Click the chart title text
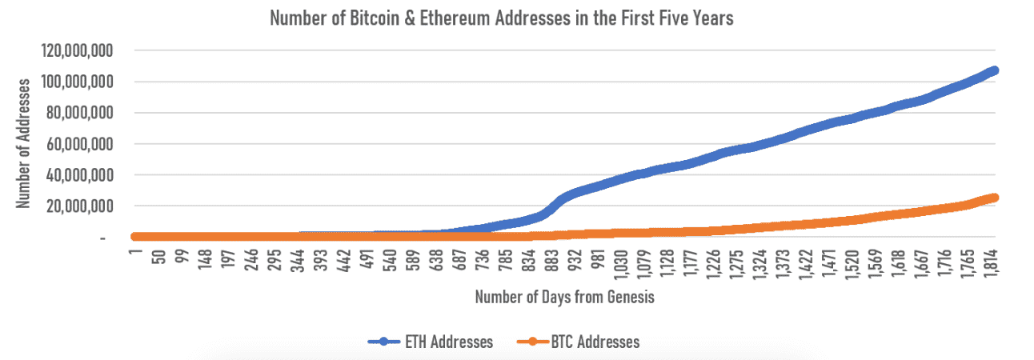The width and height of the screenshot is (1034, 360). [x=502, y=18]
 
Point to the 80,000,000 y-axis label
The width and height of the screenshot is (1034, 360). [x=79, y=113]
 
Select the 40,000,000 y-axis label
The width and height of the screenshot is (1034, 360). [x=79, y=174]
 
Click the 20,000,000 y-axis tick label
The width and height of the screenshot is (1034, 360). [x=79, y=206]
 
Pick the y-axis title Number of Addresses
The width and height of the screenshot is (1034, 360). [x=25, y=142]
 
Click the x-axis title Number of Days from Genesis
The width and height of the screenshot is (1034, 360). [x=566, y=297]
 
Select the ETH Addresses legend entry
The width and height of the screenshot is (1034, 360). [x=431, y=342]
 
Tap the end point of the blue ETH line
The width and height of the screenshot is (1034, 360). [x=994, y=70]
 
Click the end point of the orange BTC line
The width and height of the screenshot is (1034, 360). [x=994, y=197]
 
